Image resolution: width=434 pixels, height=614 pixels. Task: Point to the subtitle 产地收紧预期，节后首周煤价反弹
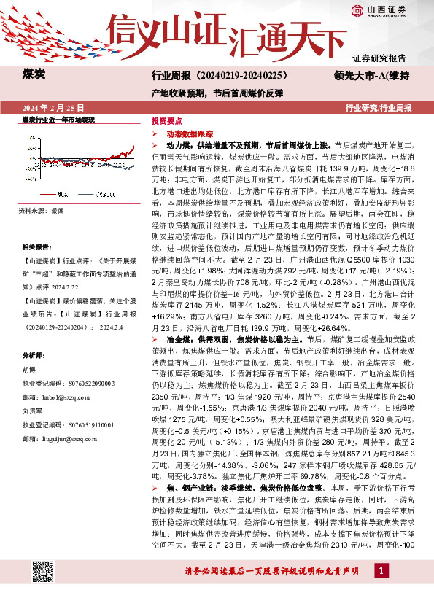pyautogui.click(x=217, y=93)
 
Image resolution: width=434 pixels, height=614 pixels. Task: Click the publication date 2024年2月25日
pyautogui.click(x=54, y=107)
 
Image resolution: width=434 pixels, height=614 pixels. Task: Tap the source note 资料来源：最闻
pyautogui.click(x=42, y=211)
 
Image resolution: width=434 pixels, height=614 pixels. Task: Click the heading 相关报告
pyautogui.click(x=35, y=248)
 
